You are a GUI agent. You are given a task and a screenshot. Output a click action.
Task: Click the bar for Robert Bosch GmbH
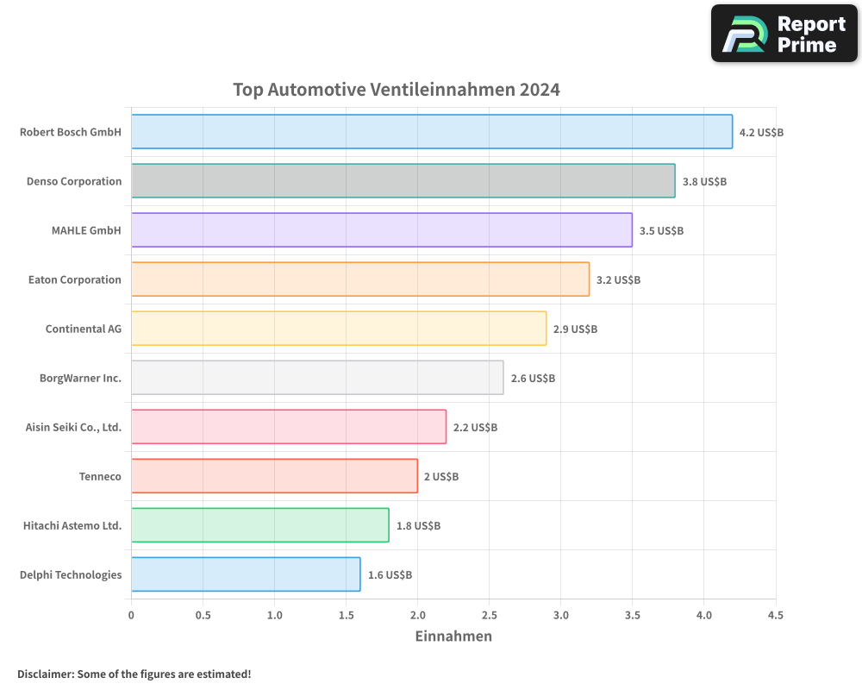point(431,132)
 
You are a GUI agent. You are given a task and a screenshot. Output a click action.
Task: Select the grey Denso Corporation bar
point(403,181)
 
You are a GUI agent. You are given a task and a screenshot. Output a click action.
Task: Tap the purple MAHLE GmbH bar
point(381,230)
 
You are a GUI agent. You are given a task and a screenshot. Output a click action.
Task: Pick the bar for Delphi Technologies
point(246,574)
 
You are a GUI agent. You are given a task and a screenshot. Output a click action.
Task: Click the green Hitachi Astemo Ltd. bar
point(259,525)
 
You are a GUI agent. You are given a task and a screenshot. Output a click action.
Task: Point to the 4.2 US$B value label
point(761,133)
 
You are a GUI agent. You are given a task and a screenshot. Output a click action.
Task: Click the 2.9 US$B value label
point(575,329)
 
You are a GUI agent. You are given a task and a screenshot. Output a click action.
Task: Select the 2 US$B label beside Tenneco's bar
point(440,477)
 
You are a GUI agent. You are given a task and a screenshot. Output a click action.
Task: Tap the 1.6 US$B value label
point(390,575)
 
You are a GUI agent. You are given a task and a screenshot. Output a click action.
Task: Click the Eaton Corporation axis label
point(75,279)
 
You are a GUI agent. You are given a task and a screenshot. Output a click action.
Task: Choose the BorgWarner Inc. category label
point(80,378)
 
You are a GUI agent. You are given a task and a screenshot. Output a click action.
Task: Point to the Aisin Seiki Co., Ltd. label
point(73,427)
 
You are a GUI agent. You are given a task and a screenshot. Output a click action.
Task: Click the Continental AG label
point(84,329)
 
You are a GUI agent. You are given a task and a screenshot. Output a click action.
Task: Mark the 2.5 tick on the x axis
point(489,616)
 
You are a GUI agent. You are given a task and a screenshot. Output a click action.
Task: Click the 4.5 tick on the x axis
point(775,616)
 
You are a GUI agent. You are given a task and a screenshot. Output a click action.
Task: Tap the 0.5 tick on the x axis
point(203,616)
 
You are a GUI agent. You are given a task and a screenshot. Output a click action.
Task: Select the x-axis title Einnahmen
point(453,637)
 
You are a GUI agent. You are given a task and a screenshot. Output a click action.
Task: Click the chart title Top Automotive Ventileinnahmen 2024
point(397,90)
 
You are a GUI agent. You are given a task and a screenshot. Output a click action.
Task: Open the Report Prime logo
point(784,34)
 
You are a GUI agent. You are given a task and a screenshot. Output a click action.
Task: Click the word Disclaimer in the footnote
point(44,674)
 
